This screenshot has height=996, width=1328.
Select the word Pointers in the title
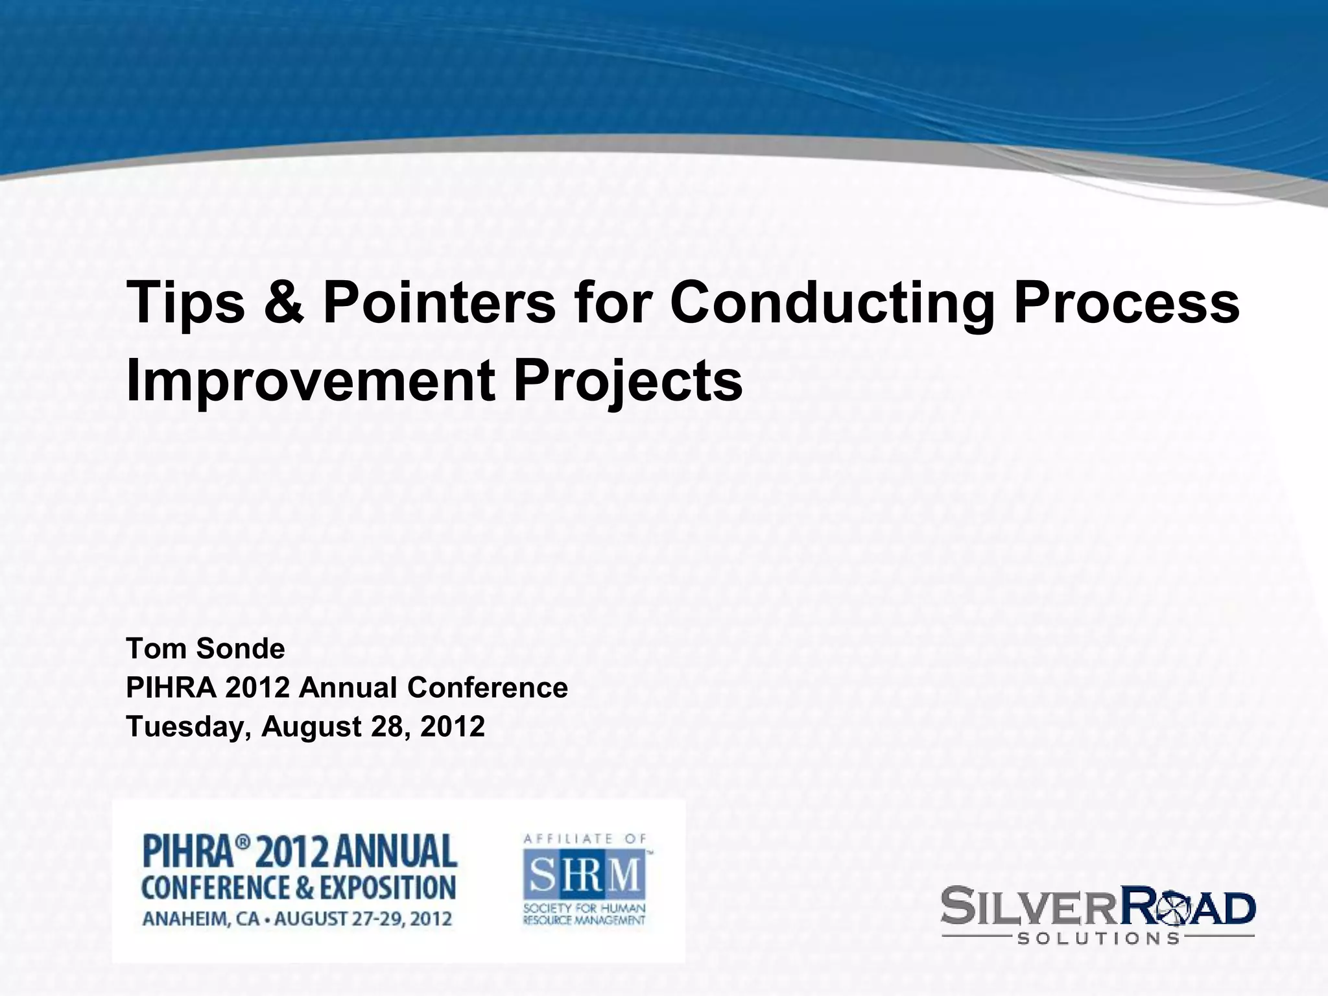click(439, 303)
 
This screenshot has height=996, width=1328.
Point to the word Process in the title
click(1126, 303)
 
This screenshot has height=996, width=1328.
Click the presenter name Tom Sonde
click(206, 648)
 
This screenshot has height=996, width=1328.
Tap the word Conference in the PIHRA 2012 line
click(488, 687)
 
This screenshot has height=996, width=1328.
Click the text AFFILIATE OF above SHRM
click(584, 838)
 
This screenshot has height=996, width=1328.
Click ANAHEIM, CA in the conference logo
click(197, 919)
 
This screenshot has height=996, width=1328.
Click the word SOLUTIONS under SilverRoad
click(1098, 938)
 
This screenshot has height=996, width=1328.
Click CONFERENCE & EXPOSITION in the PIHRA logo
click(298, 888)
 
